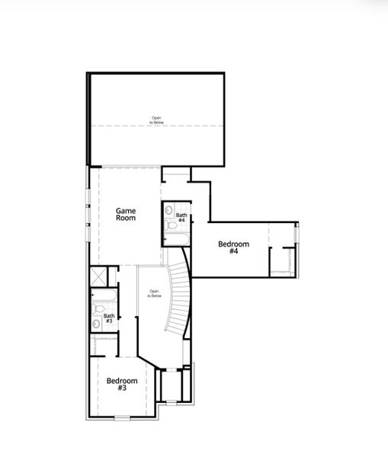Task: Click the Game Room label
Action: (126, 213)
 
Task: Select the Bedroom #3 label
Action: (122, 384)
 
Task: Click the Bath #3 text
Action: (109, 319)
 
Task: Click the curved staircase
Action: (180, 297)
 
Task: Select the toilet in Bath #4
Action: (170, 225)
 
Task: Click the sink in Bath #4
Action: (169, 209)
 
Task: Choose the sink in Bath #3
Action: (96, 324)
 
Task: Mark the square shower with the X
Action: (98, 275)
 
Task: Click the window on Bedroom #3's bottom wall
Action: (122, 417)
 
